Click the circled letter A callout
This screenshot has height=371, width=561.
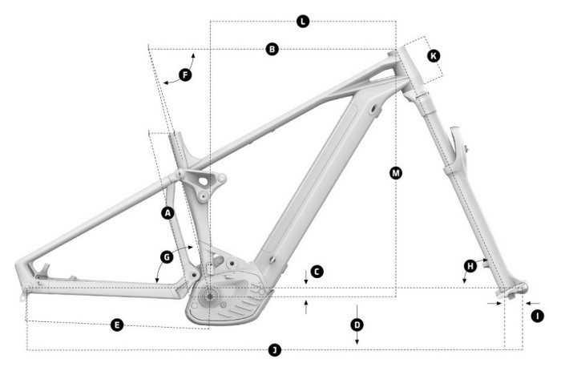pyautogui.click(x=167, y=213)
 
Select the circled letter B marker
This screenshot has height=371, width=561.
pyautogui.click(x=272, y=50)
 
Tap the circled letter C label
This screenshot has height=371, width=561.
pyautogui.click(x=317, y=272)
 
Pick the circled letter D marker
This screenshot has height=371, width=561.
pyautogui.click(x=357, y=325)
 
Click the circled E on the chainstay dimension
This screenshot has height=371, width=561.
pyautogui.click(x=117, y=325)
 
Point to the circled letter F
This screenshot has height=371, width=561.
pyautogui.click(x=185, y=75)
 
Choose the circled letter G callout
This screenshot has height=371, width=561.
pyautogui.click(x=166, y=256)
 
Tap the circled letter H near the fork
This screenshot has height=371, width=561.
pyautogui.click(x=470, y=265)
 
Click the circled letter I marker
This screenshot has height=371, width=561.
pyautogui.click(x=538, y=316)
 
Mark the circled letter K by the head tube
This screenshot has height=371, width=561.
pyautogui.click(x=434, y=56)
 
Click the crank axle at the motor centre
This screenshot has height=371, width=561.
pyautogui.click(x=208, y=296)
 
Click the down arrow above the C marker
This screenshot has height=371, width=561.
pyautogui.click(x=306, y=277)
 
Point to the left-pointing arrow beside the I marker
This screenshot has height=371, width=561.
pyautogui.click(x=526, y=304)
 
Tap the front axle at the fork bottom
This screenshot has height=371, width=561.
pyautogui.click(x=510, y=292)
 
